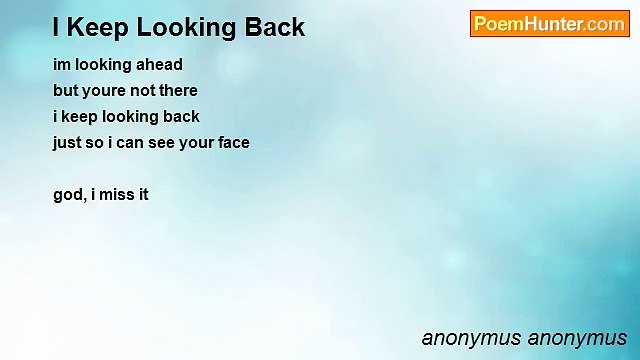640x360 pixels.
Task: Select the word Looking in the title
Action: coord(183,27)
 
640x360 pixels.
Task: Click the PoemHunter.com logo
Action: coord(549,24)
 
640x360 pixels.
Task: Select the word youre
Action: coord(108,91)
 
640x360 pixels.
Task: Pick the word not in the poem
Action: coord(145,91)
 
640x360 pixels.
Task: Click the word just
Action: coord(67,143)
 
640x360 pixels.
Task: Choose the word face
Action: coord(232,143)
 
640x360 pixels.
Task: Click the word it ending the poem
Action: coord(143,195)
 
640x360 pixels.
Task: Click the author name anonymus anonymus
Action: coord(524,338)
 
